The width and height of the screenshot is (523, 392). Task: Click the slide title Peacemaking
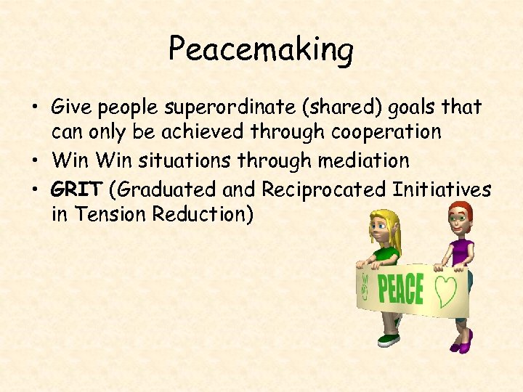point(261,49)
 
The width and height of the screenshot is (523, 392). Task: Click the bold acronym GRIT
point(77,189)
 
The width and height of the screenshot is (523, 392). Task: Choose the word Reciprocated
point(324,190)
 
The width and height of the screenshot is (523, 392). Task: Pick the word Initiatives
point(442,189)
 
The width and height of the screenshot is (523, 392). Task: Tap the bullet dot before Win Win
point(34,160)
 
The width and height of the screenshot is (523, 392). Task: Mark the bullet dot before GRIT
point(34,190)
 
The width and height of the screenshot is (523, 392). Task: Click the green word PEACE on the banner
point(400,289)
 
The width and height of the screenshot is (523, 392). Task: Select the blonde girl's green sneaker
point(389,339)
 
